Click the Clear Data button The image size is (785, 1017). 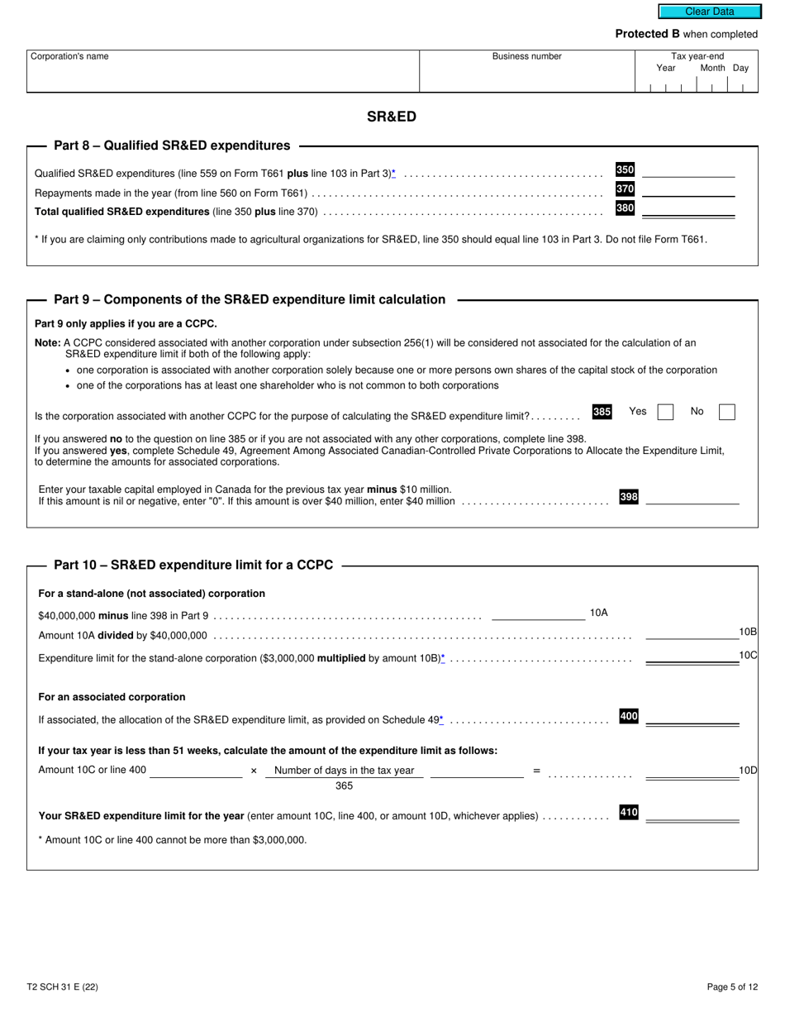pyautogui.click(x=709, y=12)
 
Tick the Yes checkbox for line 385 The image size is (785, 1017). pyautogui.click(x=665, y=412)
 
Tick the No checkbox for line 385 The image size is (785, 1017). pyautogui.click(x=726, y=412)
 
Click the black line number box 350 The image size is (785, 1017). pyautogui.click(x=625, y=169)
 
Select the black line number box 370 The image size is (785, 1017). pyautogui.click(x=625, y=189)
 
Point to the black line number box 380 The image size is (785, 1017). pyautogui.click(x=625, y=208)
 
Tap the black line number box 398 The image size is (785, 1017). pyautogui.click(x=629, y=497)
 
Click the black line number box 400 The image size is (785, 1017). pyautogui.click(x=629, y=716)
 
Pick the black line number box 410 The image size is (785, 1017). pyautogui.click(x=629, y=813)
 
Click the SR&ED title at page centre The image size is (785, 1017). pyautogui.click(x=392, y=117)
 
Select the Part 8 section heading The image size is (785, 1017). pyautogui.click(x=172, y=146)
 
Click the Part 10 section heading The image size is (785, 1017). pyautogui.click(x=193, y=566)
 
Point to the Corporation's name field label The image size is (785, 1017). pyautogui.click(x=69, y=56)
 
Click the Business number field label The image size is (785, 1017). pyautogui.click(x=526, y=56)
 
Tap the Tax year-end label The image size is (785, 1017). pyautogui.click(x=697, y=56)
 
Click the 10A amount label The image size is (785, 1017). pyautogui.click(x=598, y=613)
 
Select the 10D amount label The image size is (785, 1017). pyautogui.click(x=748, y=771)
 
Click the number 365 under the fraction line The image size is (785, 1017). pyautogui.click(x=344, y=786)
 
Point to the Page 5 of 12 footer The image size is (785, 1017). pyautogui.click(x=732, y=986)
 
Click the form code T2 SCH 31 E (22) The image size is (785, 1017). pyautogui.click(x=62, y=986)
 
